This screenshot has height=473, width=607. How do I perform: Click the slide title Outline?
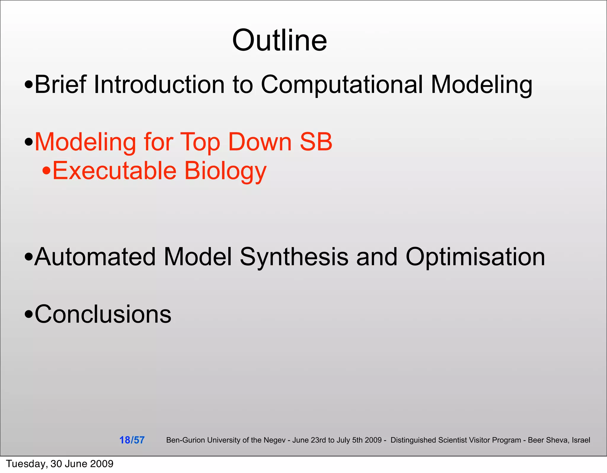(279, 40)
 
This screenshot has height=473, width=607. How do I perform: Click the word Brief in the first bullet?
(60, 84)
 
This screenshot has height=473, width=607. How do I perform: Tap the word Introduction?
(159, 84)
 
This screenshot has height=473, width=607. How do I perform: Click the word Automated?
(95, 257)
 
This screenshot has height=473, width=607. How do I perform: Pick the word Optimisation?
(475, 257)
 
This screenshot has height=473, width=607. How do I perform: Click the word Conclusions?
(103, 314)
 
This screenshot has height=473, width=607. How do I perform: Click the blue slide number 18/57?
(132, 440)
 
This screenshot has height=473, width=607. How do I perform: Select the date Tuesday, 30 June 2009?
(60, 464)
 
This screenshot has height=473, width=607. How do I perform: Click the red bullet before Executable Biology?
(46, 171)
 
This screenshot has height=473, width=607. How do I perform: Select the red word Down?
(260, 142)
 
